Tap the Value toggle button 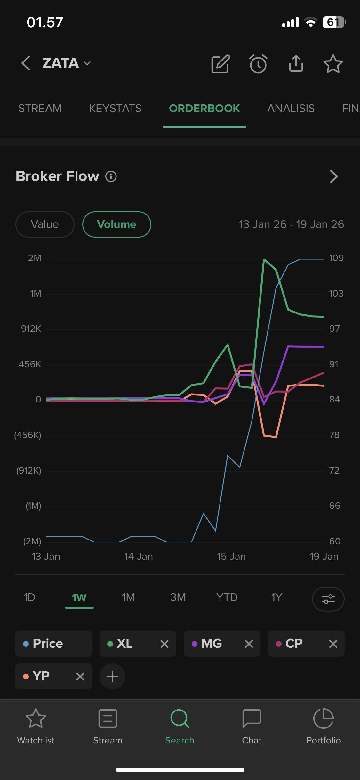(45, 224)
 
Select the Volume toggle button (116, 224)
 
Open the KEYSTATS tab (115, 109)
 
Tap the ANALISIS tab (291, 109)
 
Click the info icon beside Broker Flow (111, 176)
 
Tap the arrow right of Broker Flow (333, 176)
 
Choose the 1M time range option (128, 597)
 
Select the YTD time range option (227, 597)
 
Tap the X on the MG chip (249, 644)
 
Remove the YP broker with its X (80, 677)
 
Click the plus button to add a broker (112, 677)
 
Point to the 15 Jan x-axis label (231, 557)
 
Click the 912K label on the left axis (31, 329)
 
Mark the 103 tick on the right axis (336, 294)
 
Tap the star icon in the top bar (333, 64)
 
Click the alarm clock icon (258, 64)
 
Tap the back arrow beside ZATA (26, 63)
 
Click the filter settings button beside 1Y (328, 599)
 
